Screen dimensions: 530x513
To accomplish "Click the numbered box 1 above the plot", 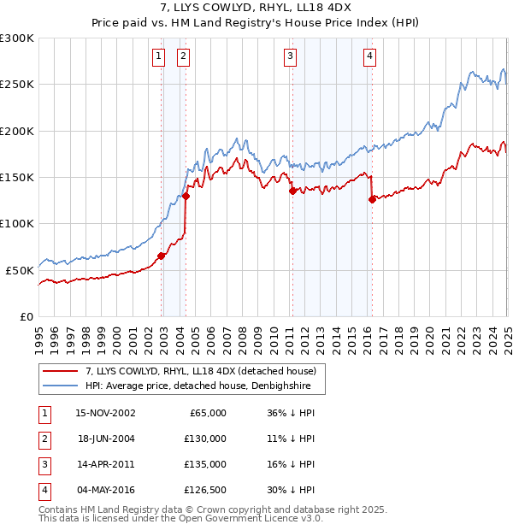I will (159, 57).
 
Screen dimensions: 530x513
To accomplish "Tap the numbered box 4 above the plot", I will (369, 57).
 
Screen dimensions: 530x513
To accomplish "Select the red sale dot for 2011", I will (292, 191).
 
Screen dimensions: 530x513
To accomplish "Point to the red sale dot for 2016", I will (372, 199).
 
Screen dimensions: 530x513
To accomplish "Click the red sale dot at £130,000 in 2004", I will (186, 196).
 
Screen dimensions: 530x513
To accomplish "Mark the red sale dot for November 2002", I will (161, 256).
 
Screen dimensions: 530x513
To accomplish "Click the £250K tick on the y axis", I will (17, 85).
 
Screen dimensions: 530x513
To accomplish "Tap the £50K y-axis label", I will (20, 270).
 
